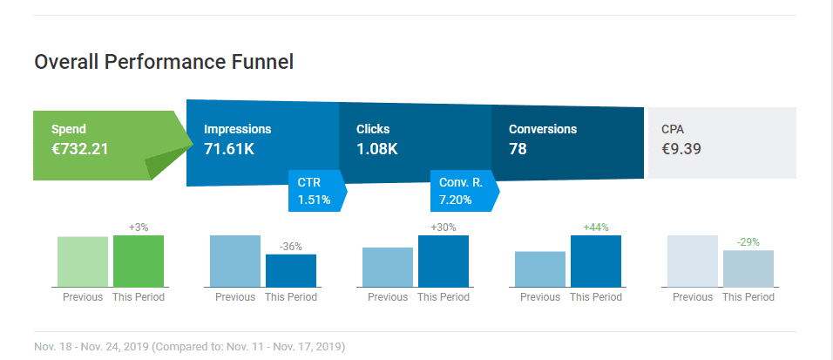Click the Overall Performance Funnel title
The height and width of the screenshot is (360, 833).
(x=164, y=62)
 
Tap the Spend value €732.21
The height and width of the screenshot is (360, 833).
(x=79, y=149)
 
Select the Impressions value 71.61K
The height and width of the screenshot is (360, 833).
(x=229, y=149)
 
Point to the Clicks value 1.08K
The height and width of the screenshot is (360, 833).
(x=377, y=149)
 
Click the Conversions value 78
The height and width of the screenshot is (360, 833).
(x=518, y=149)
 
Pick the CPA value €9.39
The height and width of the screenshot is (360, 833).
(x=681, y=149)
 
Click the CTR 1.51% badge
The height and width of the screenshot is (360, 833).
(x=317, y=191)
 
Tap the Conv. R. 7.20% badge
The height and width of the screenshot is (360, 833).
(x=464, y=191)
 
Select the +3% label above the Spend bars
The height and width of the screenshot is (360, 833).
(x=139, y=228)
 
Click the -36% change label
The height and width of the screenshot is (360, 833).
(x=291, y=247)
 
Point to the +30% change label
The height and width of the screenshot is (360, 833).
(x=444, y=228)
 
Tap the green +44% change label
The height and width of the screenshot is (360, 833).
(x=596, y=228)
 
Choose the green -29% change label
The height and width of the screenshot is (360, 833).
(x=748, y=242)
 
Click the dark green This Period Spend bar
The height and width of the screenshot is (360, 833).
(x=139, y=262)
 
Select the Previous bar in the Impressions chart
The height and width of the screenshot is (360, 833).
(x=235, y=262)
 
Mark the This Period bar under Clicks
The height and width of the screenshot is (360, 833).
(x=444, y=262)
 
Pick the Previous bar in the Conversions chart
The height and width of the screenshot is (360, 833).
(x=540, y=269)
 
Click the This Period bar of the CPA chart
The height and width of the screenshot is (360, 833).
(x=748, y=268)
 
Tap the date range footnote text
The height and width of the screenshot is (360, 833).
(x=190, y=347)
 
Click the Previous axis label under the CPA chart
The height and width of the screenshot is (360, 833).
(x=693, y=297)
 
